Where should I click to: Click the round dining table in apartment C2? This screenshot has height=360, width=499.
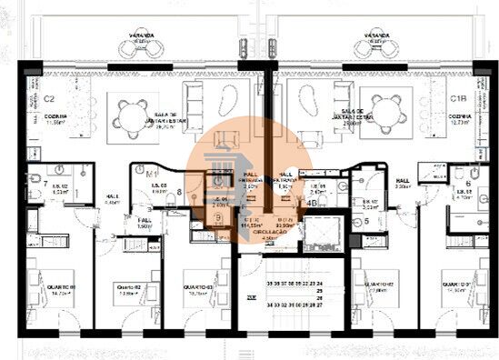tap(126, 112)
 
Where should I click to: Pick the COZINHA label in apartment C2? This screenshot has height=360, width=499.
tap(54, 119)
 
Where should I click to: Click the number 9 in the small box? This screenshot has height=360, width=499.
tap(219, 218)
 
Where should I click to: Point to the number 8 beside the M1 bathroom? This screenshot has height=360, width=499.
tap(180, 192)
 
